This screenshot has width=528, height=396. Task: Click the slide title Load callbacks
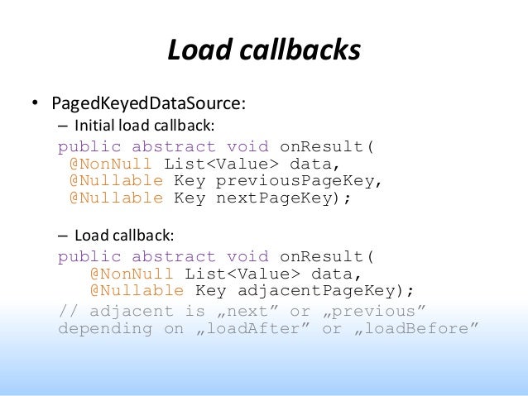click(264, 50)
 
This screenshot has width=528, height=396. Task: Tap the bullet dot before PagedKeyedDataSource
click(36, 105)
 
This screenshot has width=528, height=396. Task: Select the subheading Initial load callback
click(145, 126)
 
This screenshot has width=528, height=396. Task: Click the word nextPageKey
click(278, 198)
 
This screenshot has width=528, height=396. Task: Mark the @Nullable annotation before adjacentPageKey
click(137, 290)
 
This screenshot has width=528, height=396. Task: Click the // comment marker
click(68, 311)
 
